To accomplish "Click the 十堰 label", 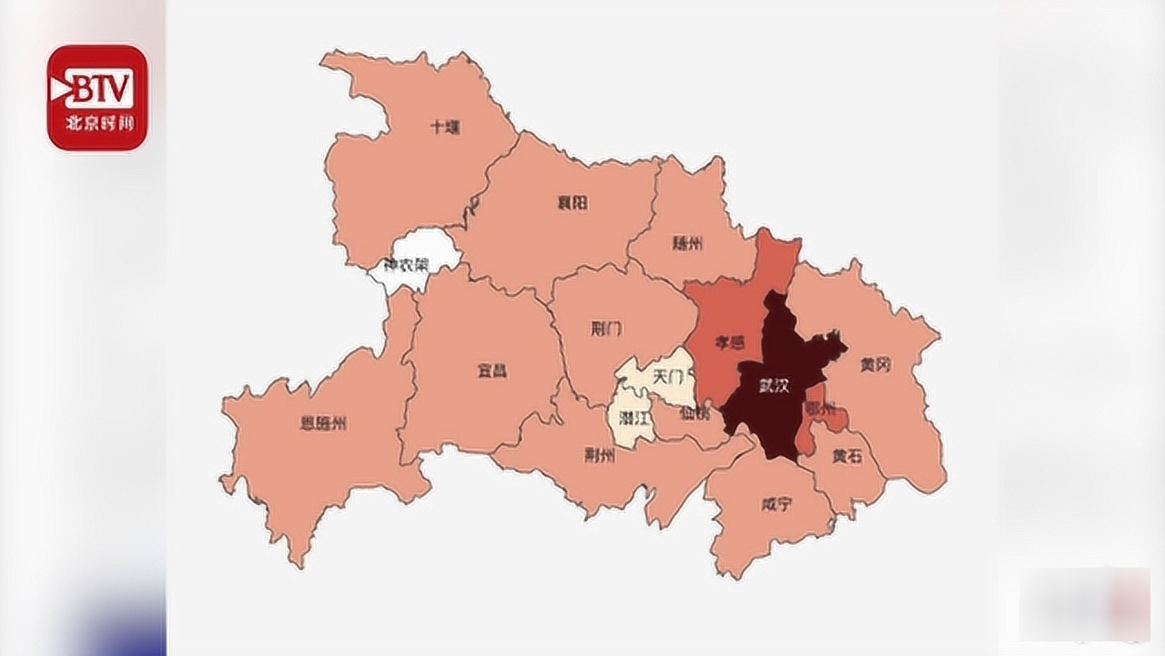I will [x=445, y=128].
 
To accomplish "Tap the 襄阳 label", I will [x=572, y=202].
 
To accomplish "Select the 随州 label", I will [x=688, y=243].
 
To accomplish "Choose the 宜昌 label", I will [x=491, y=370].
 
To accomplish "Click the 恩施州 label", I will [x=323, y=423].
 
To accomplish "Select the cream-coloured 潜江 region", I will [x=633, y=419].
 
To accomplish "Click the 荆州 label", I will [x=600, y=456].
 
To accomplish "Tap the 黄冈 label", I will [x=875, y=364].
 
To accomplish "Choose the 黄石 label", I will [x=847, y=457].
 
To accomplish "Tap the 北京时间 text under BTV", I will [x=97, y=125].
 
